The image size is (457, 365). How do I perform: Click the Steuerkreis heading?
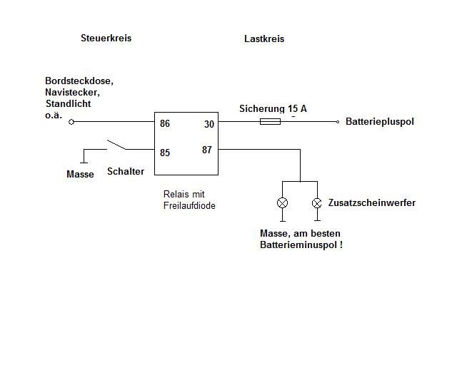click(106, 38)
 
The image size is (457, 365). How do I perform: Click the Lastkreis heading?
click(264, 39)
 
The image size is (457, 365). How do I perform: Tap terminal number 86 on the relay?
click(165, 123)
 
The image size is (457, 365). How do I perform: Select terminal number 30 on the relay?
click(209, 124)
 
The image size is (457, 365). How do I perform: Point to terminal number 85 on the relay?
click(165, 152)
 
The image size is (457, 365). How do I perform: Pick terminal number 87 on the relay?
click(207, 150)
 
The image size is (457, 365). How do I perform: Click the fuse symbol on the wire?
click(270, 122)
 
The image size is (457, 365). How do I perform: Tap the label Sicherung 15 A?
click(273, 108)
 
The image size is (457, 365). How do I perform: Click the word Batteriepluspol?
click(379, 122)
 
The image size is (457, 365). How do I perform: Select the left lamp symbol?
click(282, 203)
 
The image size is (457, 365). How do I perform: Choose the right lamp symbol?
click(317, 203)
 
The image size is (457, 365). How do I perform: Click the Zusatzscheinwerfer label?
click(371, 203)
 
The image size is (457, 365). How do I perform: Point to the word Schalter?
click(126, 171)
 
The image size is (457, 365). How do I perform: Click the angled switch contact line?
click(116, 145)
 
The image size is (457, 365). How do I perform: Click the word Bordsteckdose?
click(79, 81)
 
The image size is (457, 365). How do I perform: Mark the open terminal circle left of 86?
click(71, 122)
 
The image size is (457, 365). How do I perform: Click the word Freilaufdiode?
click(189, 206)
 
